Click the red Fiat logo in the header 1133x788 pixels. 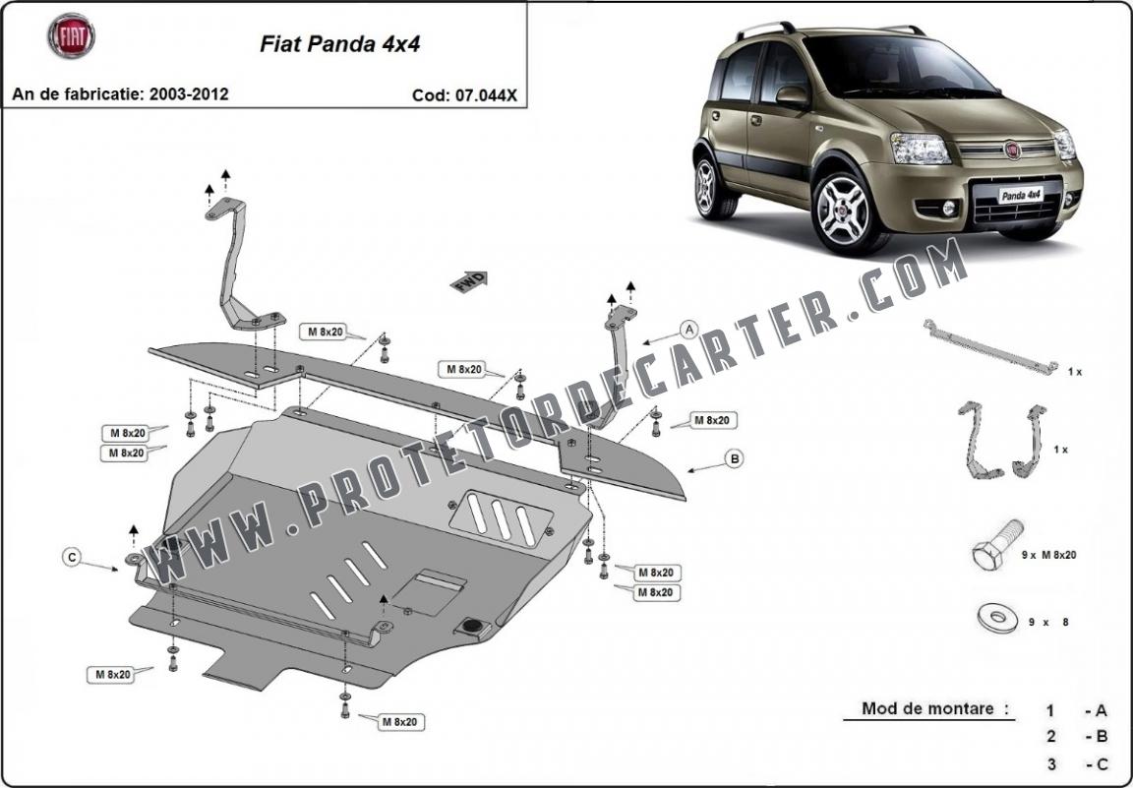(72, 36)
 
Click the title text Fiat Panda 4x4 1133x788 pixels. (339, 44)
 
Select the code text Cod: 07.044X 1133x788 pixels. (464, 94)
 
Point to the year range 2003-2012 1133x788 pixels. (189, 93)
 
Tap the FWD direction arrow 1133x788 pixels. (469, 282)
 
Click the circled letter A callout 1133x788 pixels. (689, 331)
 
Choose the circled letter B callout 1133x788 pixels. (734, 458)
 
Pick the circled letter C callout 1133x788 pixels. (71, 557)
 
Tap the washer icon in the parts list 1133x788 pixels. (996, 618)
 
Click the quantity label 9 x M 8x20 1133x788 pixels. (1048, 555)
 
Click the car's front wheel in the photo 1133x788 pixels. (844, 208)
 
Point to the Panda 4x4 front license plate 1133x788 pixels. (1020, 195)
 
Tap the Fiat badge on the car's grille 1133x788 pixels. (1012, 150)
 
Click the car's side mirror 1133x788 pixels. (791, 96)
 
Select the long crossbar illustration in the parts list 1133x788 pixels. (990, 347)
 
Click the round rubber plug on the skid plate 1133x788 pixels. (472, 625)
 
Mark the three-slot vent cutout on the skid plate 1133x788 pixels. (502, 518)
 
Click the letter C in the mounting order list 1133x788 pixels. (1102, 764)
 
